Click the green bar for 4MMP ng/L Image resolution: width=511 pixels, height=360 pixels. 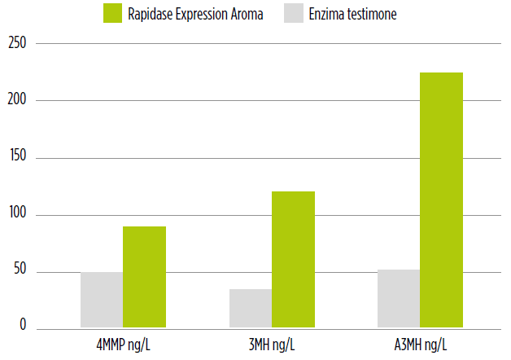click(144, 278)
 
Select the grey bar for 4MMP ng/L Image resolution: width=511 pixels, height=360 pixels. click(102, 301)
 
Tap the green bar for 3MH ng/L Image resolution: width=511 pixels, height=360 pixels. click(293, 260)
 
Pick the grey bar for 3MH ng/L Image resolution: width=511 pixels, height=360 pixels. click(251, 309)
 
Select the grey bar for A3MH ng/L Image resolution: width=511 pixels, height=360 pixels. click(399, 299)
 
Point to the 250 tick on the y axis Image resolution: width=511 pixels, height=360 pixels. click(16, 43)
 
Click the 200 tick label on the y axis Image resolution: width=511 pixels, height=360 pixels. click(16, 100)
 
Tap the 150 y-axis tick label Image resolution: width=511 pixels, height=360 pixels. click(16, 157)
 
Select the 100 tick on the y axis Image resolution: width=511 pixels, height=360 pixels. click(16, 215)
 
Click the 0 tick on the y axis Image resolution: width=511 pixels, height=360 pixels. click(24, 327)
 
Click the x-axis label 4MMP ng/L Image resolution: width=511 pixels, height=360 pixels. click(124, 345)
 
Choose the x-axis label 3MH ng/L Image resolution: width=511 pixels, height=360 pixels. click(272, 345)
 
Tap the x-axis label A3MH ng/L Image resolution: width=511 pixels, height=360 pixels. click(421, 345)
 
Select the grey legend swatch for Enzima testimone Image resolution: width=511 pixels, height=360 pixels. click(295, 14)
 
